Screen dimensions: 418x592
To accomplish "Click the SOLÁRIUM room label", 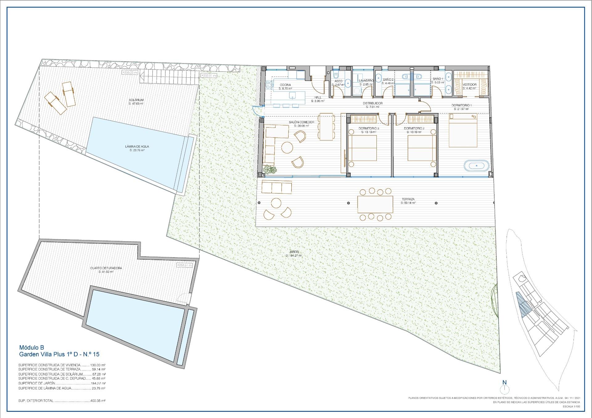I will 136,100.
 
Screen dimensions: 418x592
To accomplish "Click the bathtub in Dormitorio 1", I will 476,165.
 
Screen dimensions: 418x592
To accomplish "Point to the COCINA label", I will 285,85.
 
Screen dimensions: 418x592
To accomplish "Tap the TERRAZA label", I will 408,199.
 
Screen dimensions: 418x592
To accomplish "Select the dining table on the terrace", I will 375,204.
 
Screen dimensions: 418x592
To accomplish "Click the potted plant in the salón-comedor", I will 270,169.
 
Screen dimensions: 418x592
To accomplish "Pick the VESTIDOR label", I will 470,84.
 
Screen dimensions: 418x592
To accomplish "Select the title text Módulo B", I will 31,348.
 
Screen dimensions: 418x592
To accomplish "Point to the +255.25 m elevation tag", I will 130,72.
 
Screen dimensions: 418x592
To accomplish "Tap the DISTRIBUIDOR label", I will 372,103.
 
